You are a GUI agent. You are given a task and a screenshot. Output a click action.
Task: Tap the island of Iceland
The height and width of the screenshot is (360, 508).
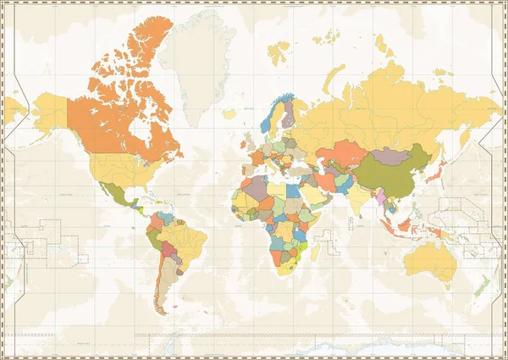click(229, 113)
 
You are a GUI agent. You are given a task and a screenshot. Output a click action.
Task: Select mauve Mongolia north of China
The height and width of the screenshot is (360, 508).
click(391, 155)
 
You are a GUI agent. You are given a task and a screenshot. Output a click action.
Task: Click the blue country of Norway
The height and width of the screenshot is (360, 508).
click(269, 119)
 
